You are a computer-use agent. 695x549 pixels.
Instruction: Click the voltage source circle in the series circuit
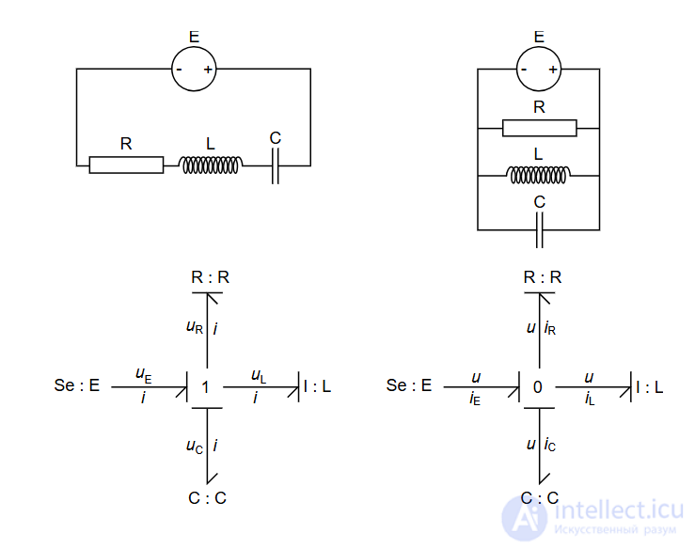click(194, 69)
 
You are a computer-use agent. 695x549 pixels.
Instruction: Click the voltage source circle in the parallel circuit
click(539, 69)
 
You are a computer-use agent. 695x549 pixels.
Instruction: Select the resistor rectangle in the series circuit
click(126, 165)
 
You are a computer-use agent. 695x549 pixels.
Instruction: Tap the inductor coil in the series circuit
click(211, 165)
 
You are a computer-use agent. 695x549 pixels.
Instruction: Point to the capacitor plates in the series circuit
click(275, 165)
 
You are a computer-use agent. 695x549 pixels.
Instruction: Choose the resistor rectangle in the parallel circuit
click(539, 128)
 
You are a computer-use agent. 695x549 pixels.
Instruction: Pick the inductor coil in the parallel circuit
click(539, 174)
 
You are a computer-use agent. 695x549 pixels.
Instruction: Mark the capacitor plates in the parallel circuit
click(539, 228)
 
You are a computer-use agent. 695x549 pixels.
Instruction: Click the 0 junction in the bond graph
click(538, 386)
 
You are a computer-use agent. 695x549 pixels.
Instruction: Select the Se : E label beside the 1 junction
click(77, 385)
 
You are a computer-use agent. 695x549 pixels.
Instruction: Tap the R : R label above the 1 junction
click(211, 277)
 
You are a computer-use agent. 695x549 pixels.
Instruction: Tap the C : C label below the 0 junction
click(540, 498)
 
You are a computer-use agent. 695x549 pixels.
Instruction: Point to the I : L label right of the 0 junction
click(649, 385)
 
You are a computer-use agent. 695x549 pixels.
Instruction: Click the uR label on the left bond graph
click(195, 328)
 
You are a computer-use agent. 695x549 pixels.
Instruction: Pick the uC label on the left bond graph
click(195, 446)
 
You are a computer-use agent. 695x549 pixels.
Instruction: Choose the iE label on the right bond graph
click(476, 399)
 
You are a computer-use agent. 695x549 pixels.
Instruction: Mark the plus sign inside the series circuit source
click(209, 70)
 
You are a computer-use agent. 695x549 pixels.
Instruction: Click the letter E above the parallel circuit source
click(539, 37)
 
